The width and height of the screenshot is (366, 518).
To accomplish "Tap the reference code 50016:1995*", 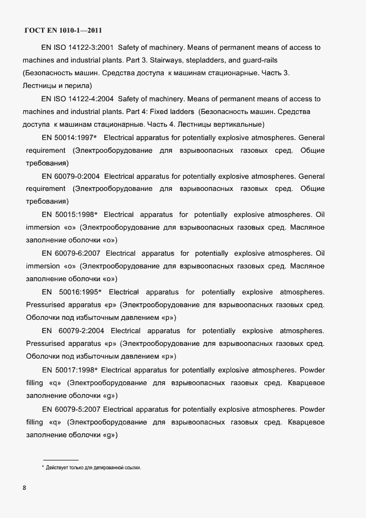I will [x=80, y=292].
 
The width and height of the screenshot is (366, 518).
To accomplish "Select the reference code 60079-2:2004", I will [x=81, y=331].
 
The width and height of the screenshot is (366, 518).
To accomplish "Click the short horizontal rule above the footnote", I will [x=61, y=460].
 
